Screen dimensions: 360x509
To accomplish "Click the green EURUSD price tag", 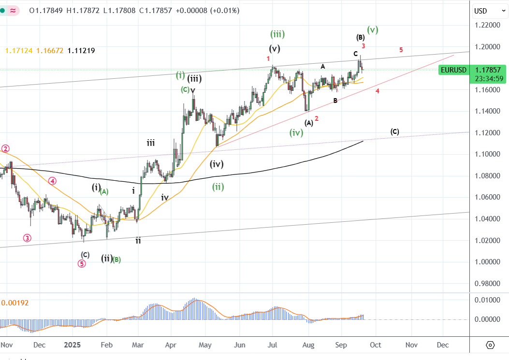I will click(453, 70).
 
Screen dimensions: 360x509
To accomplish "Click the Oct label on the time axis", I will click(375, 345).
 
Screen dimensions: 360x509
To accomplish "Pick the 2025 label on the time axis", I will click(73, 345).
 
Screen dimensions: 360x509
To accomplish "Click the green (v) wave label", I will click(372, 29).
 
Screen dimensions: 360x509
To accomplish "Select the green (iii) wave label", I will click(277, 34).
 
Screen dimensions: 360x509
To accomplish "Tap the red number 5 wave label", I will click(401, 50).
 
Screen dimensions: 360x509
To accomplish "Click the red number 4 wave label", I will click(377, 91).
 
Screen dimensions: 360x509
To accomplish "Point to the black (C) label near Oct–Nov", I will click(394, 131).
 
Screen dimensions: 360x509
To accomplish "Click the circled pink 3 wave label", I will click(27, 238).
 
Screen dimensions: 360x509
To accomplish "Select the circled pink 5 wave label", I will click(82, 263).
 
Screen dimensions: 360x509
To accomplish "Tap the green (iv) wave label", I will click(296, 132).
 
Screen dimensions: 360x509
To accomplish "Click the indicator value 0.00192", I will click(15, 303).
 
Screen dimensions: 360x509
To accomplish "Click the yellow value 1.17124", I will click(18, 50).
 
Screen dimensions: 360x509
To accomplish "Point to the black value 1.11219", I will click(81, 50).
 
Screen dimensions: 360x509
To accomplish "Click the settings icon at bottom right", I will click(490, 345).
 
